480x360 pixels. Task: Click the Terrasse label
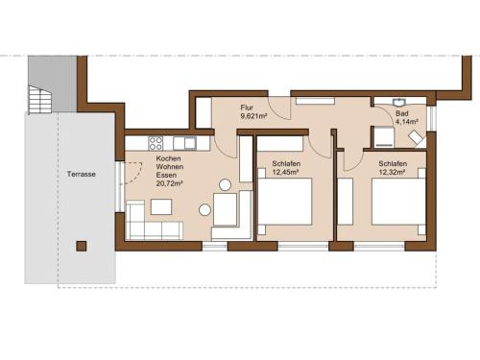(82, 174)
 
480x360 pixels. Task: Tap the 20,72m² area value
(170, 183)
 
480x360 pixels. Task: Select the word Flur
(247, 108)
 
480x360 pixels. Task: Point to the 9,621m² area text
(253, 116)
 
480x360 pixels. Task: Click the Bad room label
(402, 113)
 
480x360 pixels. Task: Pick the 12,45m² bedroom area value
(285, 172)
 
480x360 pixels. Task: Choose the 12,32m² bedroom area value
(393, 172)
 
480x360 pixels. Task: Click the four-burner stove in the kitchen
(156, 143)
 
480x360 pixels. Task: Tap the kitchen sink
(185, 143)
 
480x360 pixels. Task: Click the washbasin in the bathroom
(399, 102)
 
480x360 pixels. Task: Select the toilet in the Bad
(417, 138)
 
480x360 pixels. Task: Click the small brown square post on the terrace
(82, 246)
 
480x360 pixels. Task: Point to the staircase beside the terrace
(39, 99)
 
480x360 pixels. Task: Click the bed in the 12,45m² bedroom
(285, 202)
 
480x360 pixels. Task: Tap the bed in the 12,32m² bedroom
(398, 202)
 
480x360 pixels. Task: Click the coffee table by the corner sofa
(161, 206)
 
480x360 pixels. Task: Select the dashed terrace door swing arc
(137, 177)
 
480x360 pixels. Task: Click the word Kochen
(169, 158)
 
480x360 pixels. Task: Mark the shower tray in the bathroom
(384, 136)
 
